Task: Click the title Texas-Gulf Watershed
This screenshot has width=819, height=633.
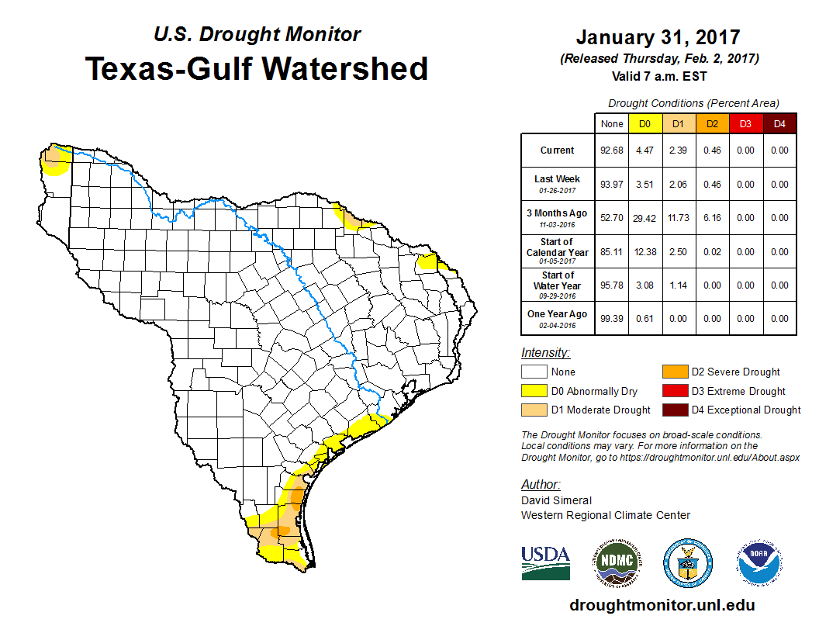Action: coord(256,68)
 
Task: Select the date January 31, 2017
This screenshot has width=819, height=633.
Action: coord(658,37)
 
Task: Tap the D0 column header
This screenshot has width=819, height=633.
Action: coord(644,124)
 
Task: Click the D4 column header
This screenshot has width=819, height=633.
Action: coord(779,124)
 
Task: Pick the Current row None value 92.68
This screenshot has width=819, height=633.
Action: coord(612,150)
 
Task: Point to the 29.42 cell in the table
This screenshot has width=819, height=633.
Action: coord(644,218)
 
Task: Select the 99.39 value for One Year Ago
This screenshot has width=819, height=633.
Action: coord(612,319)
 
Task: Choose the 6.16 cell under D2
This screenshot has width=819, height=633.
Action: coord(713,218)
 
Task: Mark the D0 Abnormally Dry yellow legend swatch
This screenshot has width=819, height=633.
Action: coord(534,391)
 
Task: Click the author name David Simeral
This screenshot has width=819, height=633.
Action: coord(557,500)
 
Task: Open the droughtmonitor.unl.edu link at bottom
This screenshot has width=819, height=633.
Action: coord(662,605)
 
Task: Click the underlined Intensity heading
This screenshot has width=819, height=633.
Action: coord(545,353)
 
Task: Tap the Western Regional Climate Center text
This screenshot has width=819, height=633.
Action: coord(605,515)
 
